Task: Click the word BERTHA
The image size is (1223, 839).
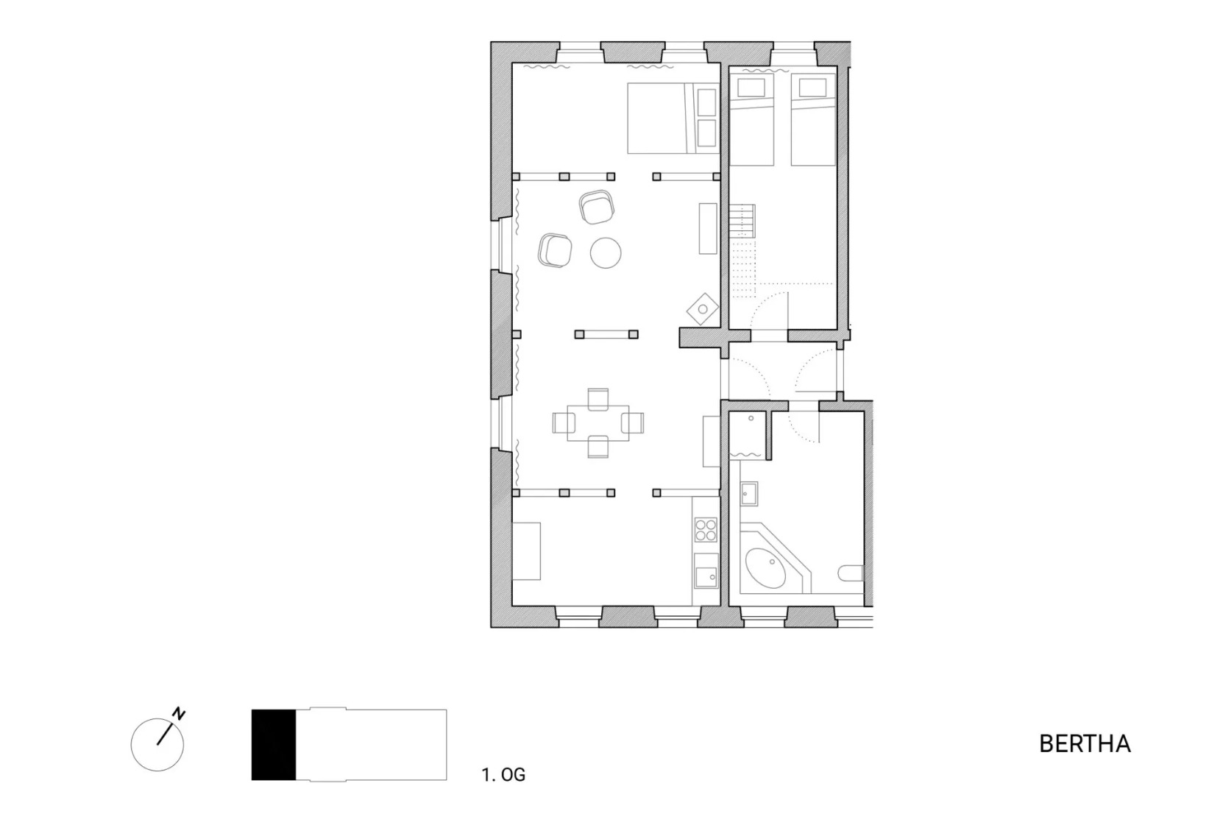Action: click(x=1085, y=744)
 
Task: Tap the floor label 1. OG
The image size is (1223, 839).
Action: click(x=503, y=774)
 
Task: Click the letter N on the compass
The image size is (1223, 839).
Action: click(x=179, y=713)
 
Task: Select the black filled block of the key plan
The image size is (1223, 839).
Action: click(x=274, y=745)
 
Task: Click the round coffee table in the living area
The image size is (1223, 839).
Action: click(x=606, y=253)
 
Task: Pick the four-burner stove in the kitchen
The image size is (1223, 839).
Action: click(x=706, y=529)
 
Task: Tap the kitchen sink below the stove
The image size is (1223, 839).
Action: click(x=706, y=570)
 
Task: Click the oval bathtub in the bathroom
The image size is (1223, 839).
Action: click(x=765, y=568)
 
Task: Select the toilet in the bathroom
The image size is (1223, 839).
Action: click(x=851, y=573)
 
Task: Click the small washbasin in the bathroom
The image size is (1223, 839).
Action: click(x=749, y=494)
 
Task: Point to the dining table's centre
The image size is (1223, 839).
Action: click(x=598, y=422)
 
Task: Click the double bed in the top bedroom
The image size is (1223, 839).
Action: click(x=673, y=118)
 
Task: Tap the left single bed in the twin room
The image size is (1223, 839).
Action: click(x=752, y=121)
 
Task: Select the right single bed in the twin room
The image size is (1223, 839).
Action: click(x=813, y=121)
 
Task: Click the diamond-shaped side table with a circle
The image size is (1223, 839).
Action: click(x=703, y=309)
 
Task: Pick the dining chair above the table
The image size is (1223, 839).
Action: click(x=598, y=400)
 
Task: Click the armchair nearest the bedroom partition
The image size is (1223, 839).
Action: click(x=597, y=207)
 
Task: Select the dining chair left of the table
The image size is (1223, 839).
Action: click(x=564, y=422)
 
